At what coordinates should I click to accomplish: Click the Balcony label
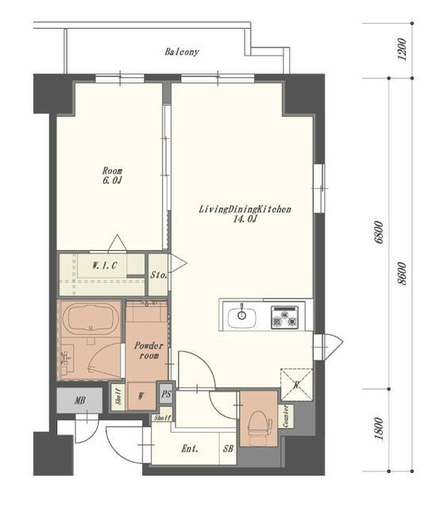(182, 52)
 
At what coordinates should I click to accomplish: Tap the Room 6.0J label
(112, 175)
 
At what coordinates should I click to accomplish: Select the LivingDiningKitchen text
(245, 209)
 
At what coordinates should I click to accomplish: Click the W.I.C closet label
(104, 266)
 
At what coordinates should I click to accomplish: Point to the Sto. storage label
(159, 275)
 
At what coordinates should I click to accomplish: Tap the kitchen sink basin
(241, 317)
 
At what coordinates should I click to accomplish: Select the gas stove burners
(284, 317)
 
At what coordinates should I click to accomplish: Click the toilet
(260, 424)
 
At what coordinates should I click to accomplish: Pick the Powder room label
(149, 351)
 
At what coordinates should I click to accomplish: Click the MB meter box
(79, 400)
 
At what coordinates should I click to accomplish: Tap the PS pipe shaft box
(166, 394)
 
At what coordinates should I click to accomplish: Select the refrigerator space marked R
(296, 384)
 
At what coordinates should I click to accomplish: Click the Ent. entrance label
(190, 448)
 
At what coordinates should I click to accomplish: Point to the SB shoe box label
(228, 448)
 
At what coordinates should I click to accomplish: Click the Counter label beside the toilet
(286, 416)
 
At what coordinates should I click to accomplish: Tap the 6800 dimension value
(378, 233)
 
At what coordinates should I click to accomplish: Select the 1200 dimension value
(401, 49)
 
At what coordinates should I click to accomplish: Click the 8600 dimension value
(401, 273)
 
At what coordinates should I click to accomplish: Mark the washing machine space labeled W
(141, 396)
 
